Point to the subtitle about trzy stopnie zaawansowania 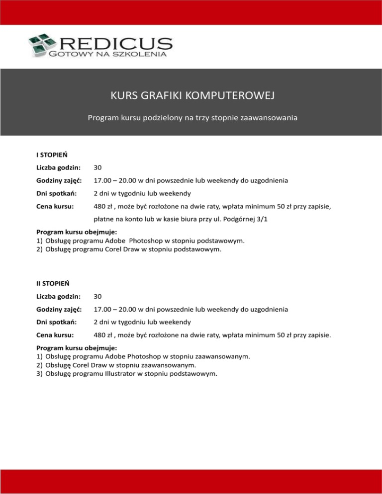(191, 119)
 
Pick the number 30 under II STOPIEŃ (98, 296)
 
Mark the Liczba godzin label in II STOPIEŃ (59, 296)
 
